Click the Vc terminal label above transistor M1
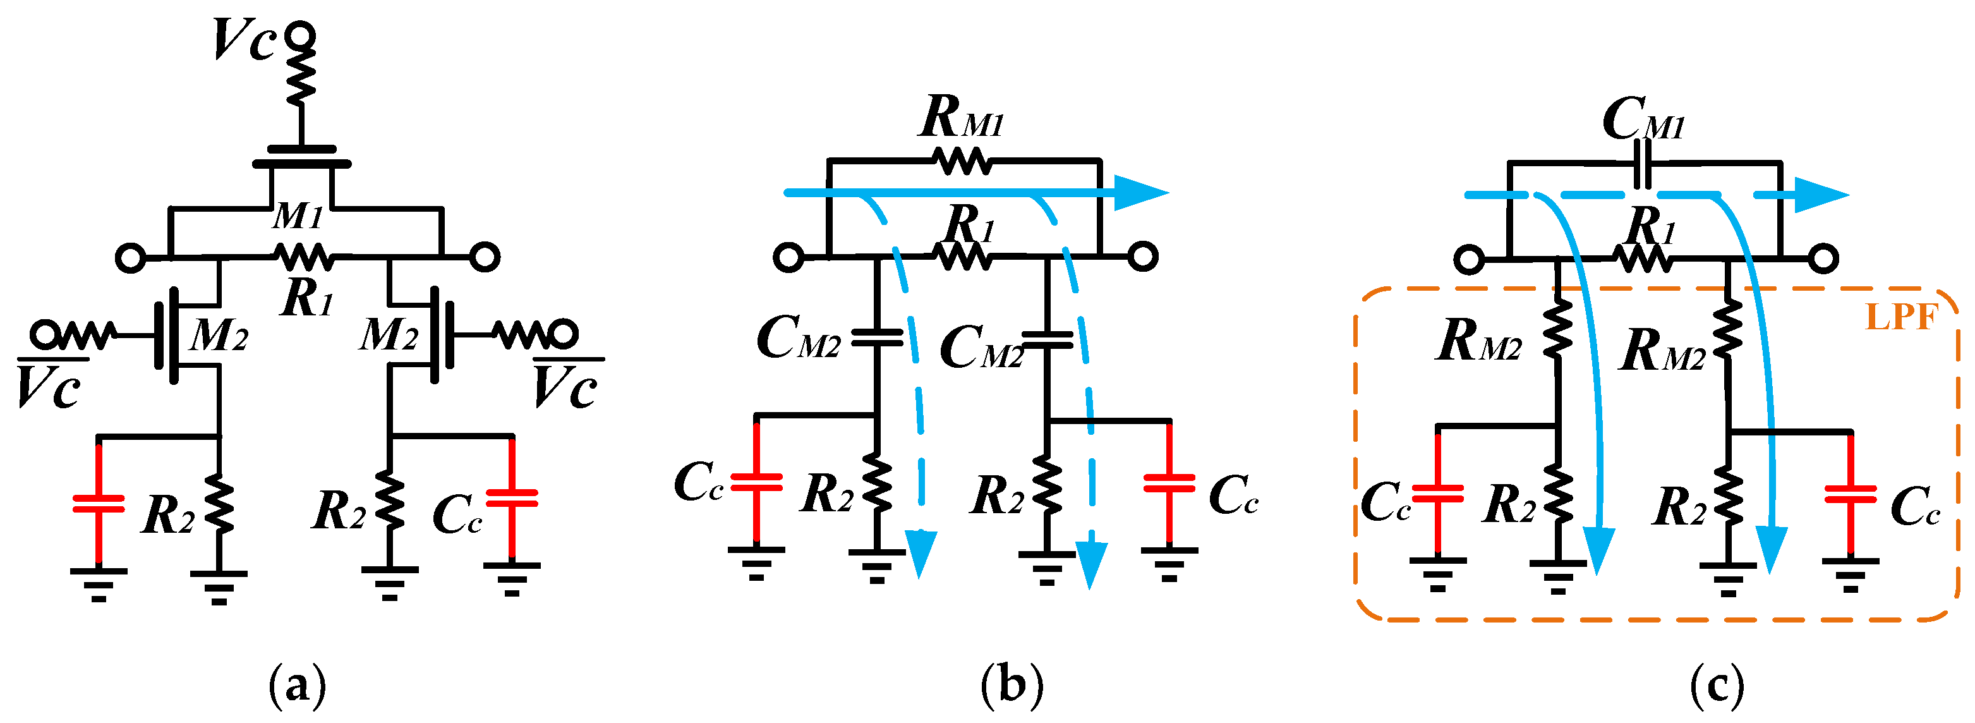pos(244,40)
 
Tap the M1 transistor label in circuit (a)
pos(298,216)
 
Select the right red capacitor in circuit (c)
pos(1850,494)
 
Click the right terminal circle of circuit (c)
pos(1823,259)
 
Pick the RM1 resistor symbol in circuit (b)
pos(962,162)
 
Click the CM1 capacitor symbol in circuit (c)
pos(1642,162)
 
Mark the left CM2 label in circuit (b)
pos(797,338)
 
